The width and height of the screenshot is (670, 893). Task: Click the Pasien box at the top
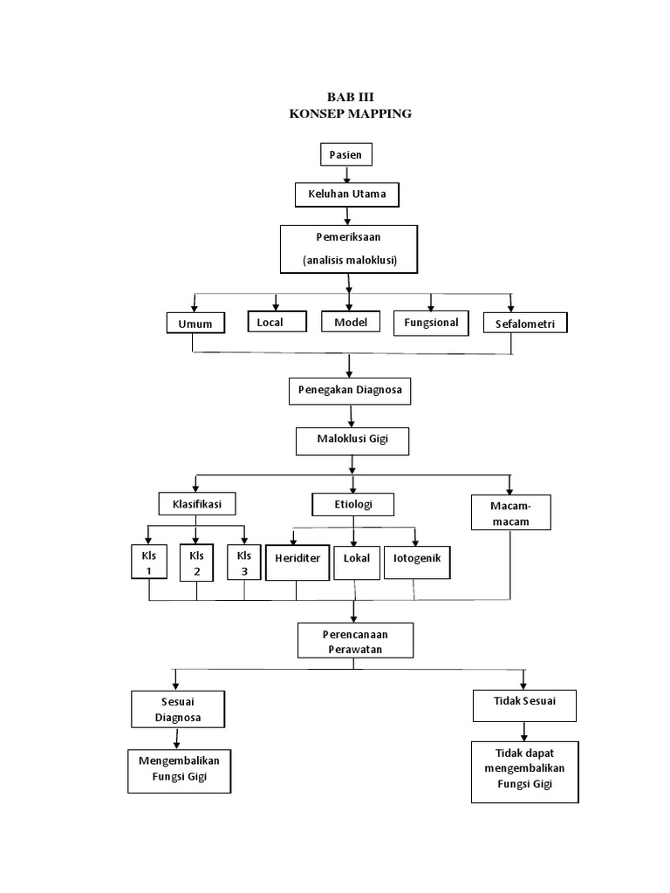pos(345,155)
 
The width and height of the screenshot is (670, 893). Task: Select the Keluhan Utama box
pos(346,194)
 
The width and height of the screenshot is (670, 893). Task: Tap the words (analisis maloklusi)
pos(350,261)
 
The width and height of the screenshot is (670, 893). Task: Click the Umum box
pos(195,324)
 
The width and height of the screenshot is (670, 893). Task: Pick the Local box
pos(277,323)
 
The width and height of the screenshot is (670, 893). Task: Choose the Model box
pos(351,322)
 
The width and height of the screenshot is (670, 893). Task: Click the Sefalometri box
pos(524,324)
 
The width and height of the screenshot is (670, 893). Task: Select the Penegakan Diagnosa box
pos(349,391)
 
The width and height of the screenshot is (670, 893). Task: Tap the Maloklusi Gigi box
pos(352,441)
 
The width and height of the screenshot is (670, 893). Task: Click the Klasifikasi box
pos(196,504)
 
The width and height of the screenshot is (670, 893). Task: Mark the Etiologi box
pos(352,504)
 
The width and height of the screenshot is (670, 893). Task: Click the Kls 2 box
pos(196,563)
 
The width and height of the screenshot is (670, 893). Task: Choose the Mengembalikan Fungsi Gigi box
pos(180,769)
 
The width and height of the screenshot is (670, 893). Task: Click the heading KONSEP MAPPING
pos(349,113)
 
